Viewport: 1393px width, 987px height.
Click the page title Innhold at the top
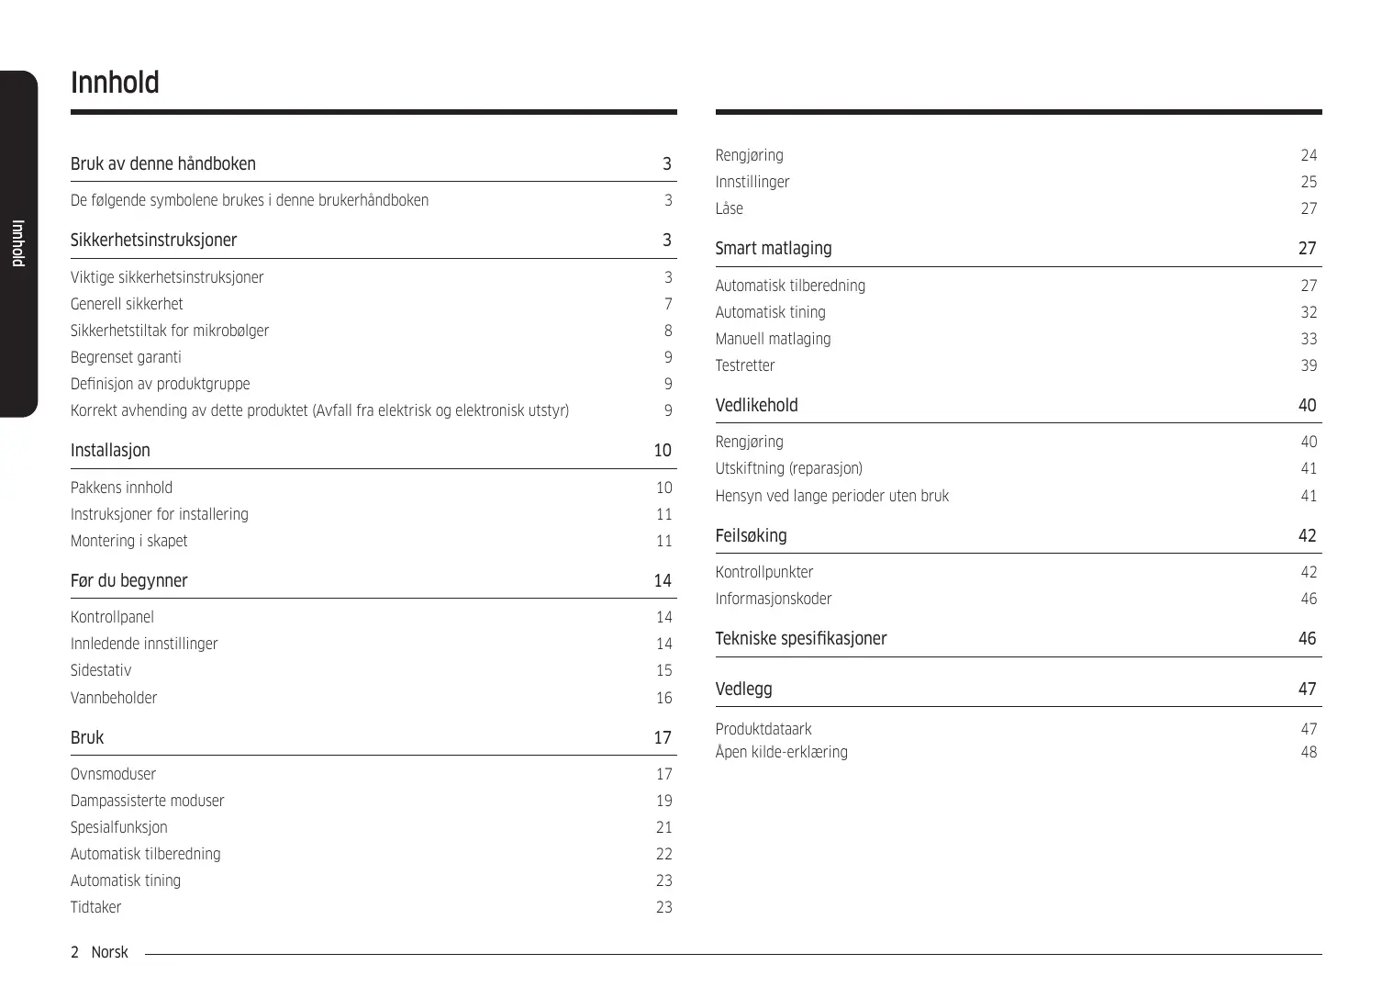(x=115, y=83)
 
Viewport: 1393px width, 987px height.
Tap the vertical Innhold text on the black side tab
(x=17, y=243)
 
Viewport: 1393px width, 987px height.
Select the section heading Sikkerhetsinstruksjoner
(x=153, y=241)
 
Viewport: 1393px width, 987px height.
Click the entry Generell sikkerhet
(x=127, y=304)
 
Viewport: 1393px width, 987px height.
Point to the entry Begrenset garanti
(x=126, y=357)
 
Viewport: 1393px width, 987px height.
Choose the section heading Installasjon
(x=110, y=451)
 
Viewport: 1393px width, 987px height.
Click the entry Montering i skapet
(x=128, y=541)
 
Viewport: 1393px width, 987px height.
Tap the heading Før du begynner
(x=128, y=581)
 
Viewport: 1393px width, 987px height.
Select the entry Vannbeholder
(x=114, y=698)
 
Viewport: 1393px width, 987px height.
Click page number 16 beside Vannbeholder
(x=663, y=698)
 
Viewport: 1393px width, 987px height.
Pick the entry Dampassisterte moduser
(x=147, y=801)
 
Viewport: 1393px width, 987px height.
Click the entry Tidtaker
(x=95, y=907)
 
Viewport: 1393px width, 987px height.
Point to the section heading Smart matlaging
(x=774, y=249)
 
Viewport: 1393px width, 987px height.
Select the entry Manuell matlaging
(x=773, y=339)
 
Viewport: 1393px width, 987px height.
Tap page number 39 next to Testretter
(x=1309, y=365)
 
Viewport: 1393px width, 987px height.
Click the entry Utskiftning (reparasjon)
(x=788, y=468)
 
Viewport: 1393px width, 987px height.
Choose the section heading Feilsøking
(x=751, y=536)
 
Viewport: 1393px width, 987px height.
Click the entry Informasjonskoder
(x=774, y=599)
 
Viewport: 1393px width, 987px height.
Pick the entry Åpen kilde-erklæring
(x=781, y=752)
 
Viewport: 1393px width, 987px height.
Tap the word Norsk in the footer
(x=109, y=952)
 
